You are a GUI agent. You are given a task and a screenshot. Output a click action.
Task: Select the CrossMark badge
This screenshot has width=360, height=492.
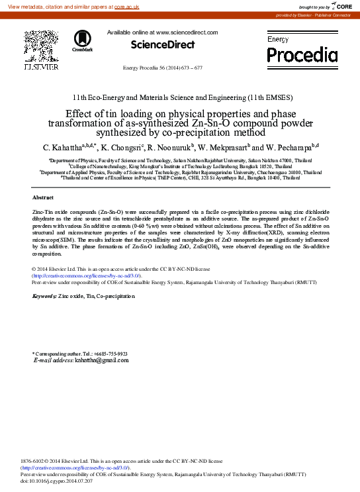pyautogui.click(x=83, y=41)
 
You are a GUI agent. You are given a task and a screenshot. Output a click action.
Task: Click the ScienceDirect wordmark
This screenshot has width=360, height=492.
pyautogui.click(x=162, y=44)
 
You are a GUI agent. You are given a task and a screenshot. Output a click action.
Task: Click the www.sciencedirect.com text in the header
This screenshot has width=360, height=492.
pyautogui.click(x=187, y=32)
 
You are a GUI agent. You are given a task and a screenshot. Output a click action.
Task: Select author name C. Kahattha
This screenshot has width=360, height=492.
pyautogui.click(x=66, y=147)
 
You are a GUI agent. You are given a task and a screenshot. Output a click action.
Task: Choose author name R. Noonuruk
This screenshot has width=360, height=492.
pyautogui.click(x=169, y=147)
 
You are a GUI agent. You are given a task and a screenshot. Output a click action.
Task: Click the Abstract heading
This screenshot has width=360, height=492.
pyautogui.click(x=43, y=197)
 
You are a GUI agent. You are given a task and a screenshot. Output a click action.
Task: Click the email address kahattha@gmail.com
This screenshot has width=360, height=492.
pyautogui.click(x=102, y=360)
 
